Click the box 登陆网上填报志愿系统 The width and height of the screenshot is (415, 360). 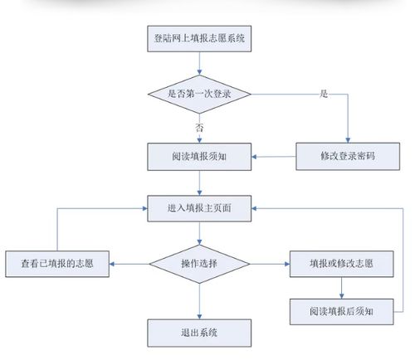point(199,38)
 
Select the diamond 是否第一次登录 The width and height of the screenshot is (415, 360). point(199,94)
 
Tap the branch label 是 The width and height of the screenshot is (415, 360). point(324,94)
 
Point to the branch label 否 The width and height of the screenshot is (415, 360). point(199,127)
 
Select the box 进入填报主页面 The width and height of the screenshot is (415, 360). point(199,208)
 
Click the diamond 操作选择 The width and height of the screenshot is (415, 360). point(199,265)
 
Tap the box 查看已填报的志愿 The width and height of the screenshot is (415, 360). point(56,265)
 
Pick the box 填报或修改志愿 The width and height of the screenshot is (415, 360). point(341,265)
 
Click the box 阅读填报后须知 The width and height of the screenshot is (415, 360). point(341,310)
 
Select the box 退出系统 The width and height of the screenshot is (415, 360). point(199,332)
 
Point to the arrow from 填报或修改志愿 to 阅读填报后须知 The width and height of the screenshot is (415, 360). point(341,288)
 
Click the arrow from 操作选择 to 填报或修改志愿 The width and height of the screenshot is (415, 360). point(269,265)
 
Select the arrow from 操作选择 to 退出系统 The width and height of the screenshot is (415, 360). point(199,301)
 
